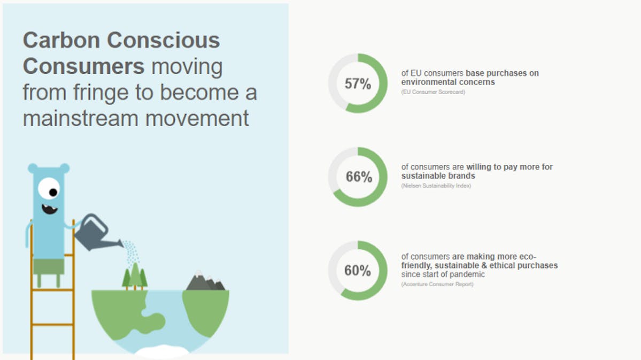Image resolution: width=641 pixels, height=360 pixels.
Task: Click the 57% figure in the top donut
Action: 358,84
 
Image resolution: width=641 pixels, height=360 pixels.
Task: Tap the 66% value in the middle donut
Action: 359,177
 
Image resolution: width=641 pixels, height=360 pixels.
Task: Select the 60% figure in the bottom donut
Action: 358,271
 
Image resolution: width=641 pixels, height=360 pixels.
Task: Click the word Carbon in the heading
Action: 61,40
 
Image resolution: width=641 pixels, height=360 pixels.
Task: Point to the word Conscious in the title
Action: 164,40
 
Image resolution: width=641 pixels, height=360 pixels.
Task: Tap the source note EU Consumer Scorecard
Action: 433,92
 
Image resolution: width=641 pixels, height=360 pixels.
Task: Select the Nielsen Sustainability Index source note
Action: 436,186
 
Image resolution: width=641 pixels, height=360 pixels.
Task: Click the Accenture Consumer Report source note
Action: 437,285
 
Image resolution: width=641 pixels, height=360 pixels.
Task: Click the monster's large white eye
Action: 49,189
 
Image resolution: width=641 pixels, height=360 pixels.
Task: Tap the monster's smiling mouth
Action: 50,209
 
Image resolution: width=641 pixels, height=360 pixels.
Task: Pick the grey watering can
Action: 96,233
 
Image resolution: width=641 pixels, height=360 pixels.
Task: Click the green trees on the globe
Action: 135,277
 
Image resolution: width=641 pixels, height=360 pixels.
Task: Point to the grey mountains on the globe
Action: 205,281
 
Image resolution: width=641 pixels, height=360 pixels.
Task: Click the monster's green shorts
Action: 49,267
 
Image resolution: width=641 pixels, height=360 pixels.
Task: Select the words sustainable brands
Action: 438,176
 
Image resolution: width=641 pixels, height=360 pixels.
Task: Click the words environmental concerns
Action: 448,82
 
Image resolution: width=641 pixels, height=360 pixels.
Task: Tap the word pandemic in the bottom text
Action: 466,274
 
